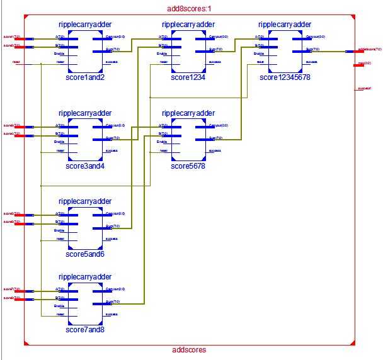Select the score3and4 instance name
(x=84, y=166)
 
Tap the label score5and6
(x=84, y=254)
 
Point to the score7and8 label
(x=84, y=329)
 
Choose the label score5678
(x=188, y=166)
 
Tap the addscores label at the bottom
(x=188, y=350)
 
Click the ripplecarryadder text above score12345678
(x=284, y=24)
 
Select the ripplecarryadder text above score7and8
(x=84, y=276)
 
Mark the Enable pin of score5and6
(x=59, y=230)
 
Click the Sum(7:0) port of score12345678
(x=312, y=49)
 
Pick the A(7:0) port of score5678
(x=164, y=126)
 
